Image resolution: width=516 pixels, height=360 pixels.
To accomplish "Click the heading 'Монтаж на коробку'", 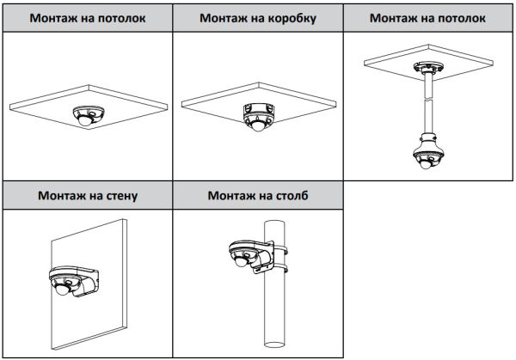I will pos(257,17).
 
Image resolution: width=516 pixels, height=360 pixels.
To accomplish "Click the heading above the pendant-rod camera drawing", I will pos(427,17).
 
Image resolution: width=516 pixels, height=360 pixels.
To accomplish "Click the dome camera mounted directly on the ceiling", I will pos(88,115).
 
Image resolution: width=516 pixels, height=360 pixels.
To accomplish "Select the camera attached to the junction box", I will pos(257,116).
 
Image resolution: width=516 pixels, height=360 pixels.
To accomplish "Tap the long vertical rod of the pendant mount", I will pos(426,103).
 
